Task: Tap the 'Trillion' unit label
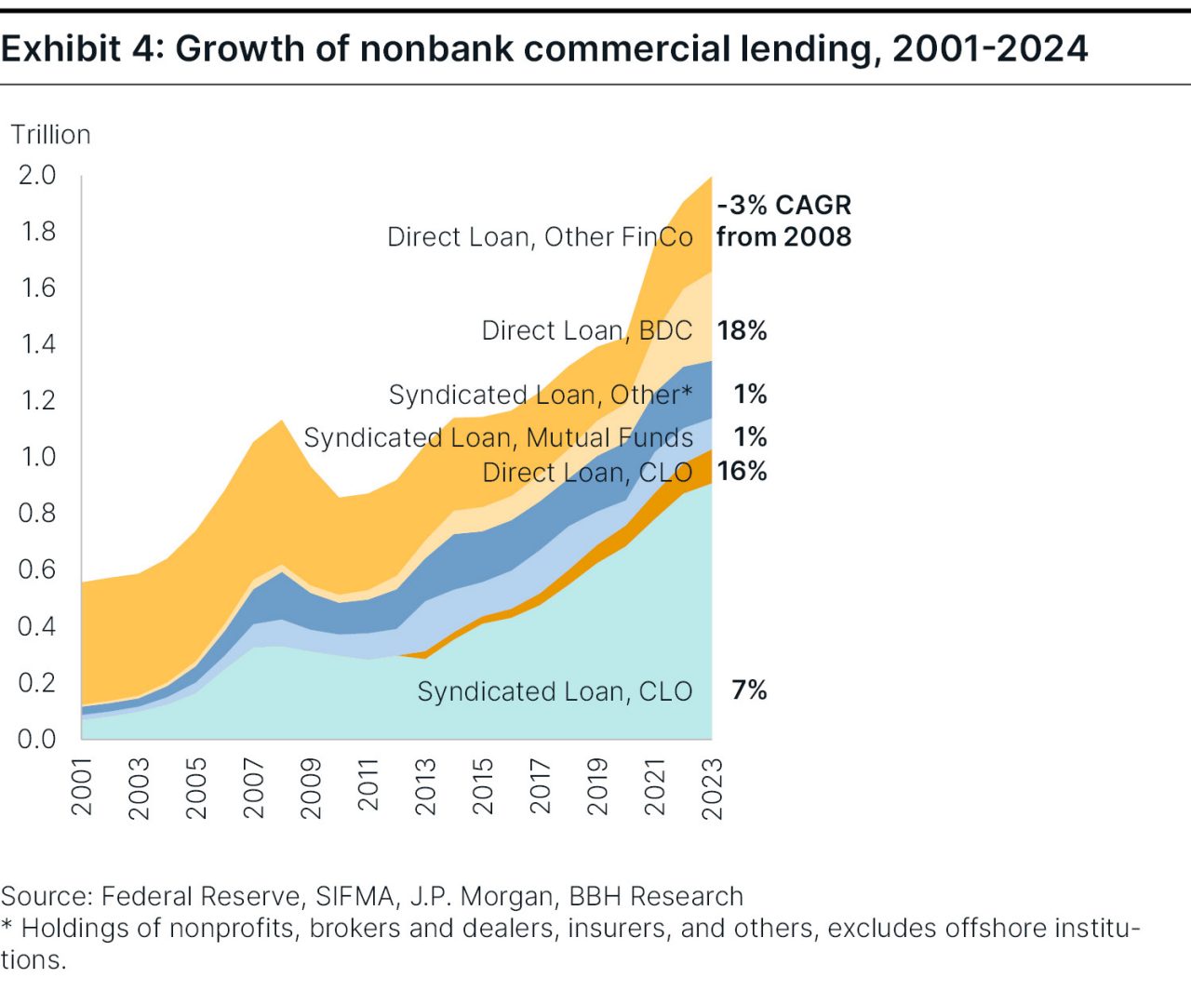click(x=50, y=135)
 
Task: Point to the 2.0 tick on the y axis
click(x=37, y=175)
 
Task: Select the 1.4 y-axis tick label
click(x=37, y=344)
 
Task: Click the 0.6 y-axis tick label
click(x=37, y=569)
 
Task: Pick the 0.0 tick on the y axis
click(x=37, y=739)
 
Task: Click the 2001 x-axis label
click(x=82, y=787)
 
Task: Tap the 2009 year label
click(x=311, y=787)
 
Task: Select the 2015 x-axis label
click(x=483, y=787)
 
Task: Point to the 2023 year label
click(x=712, y=787)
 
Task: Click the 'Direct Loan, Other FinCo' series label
click(x=540, y=237)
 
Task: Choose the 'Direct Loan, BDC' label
click(x=586, y=330)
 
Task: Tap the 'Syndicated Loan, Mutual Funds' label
click(x=498, y=437)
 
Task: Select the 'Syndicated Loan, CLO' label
click(x=555, y=691)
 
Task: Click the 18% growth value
click(x=742, y=330)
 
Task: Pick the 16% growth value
click(x=742, y=471)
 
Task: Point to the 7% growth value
click(x=749, y=690)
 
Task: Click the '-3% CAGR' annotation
click(x=783, y=205)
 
